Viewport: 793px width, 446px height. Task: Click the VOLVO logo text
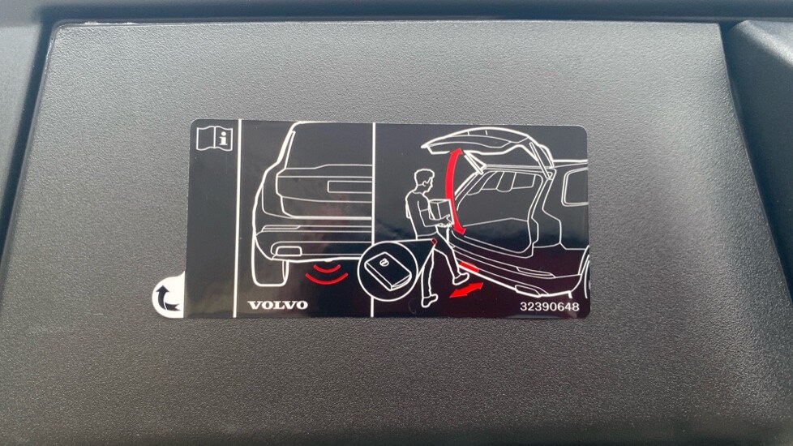tap(277, 305)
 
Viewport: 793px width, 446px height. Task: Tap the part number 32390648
tap(550, 307)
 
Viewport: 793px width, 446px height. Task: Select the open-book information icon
tap(214, 138)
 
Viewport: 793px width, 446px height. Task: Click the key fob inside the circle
tap(385, 270)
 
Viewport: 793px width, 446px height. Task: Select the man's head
tap(424, 181)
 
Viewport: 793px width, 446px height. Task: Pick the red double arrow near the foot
tap(466, 290)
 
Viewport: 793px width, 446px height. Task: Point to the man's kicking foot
tap(461, 277)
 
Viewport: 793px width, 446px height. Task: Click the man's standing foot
tap(429, 300)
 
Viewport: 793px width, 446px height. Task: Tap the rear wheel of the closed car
tap(269, 268)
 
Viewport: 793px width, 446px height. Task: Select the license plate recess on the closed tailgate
tap(349, 187)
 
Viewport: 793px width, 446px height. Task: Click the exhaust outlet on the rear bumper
tap(288, 251)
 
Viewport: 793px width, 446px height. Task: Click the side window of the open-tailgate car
tap(576, 187)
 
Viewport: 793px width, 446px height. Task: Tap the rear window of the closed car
tap(328, 146)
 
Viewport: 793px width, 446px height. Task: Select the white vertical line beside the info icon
tap(238, 218)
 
